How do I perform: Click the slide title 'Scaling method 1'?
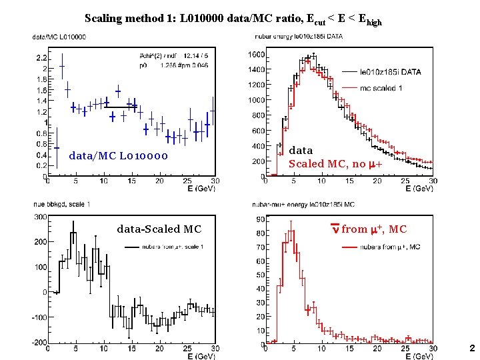click(233, 19)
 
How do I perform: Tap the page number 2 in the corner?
click(471, 348)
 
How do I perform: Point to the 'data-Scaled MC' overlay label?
click(159, 229)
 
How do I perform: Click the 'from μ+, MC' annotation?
click(373, 229)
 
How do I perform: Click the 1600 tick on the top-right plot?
click(256, 55)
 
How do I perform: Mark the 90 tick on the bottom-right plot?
click(260, 219)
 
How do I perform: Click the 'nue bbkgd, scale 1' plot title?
click(61, 203)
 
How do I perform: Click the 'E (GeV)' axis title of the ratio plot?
click(201, 188)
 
